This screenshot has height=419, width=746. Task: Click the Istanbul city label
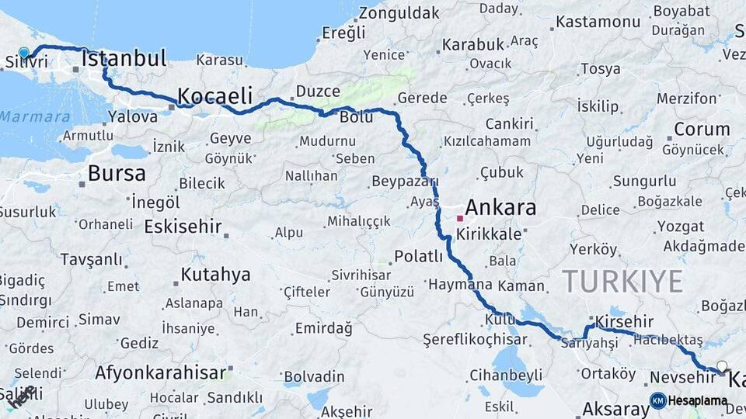[x=124, y=59]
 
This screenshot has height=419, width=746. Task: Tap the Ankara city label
[x=500, y=208]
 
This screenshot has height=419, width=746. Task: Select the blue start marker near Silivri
[x=23, y=54]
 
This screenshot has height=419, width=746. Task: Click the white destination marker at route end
[x=722, y=366]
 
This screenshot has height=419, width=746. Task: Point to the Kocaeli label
[x=215, y=96]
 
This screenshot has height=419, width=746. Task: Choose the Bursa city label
[x=117, y=173]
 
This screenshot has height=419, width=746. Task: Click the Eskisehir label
[x=183, y=227]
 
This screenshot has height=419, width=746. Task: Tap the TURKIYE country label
[x=622, y=281]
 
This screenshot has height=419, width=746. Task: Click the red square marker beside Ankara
[x=459, y=219]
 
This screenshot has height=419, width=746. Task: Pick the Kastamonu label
[x=596, y=23]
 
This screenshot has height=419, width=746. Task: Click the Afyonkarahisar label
[x=160, y=372]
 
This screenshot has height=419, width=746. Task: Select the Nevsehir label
[x=682, y=378]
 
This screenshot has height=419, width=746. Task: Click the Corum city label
[x=702, y=129]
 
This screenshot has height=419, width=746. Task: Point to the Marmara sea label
[x=35, y=116]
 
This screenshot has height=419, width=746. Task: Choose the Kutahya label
[x=215, y=274]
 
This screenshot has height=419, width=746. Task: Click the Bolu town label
[x=357, y=117]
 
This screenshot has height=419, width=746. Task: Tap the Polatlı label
[x=418, y=256]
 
